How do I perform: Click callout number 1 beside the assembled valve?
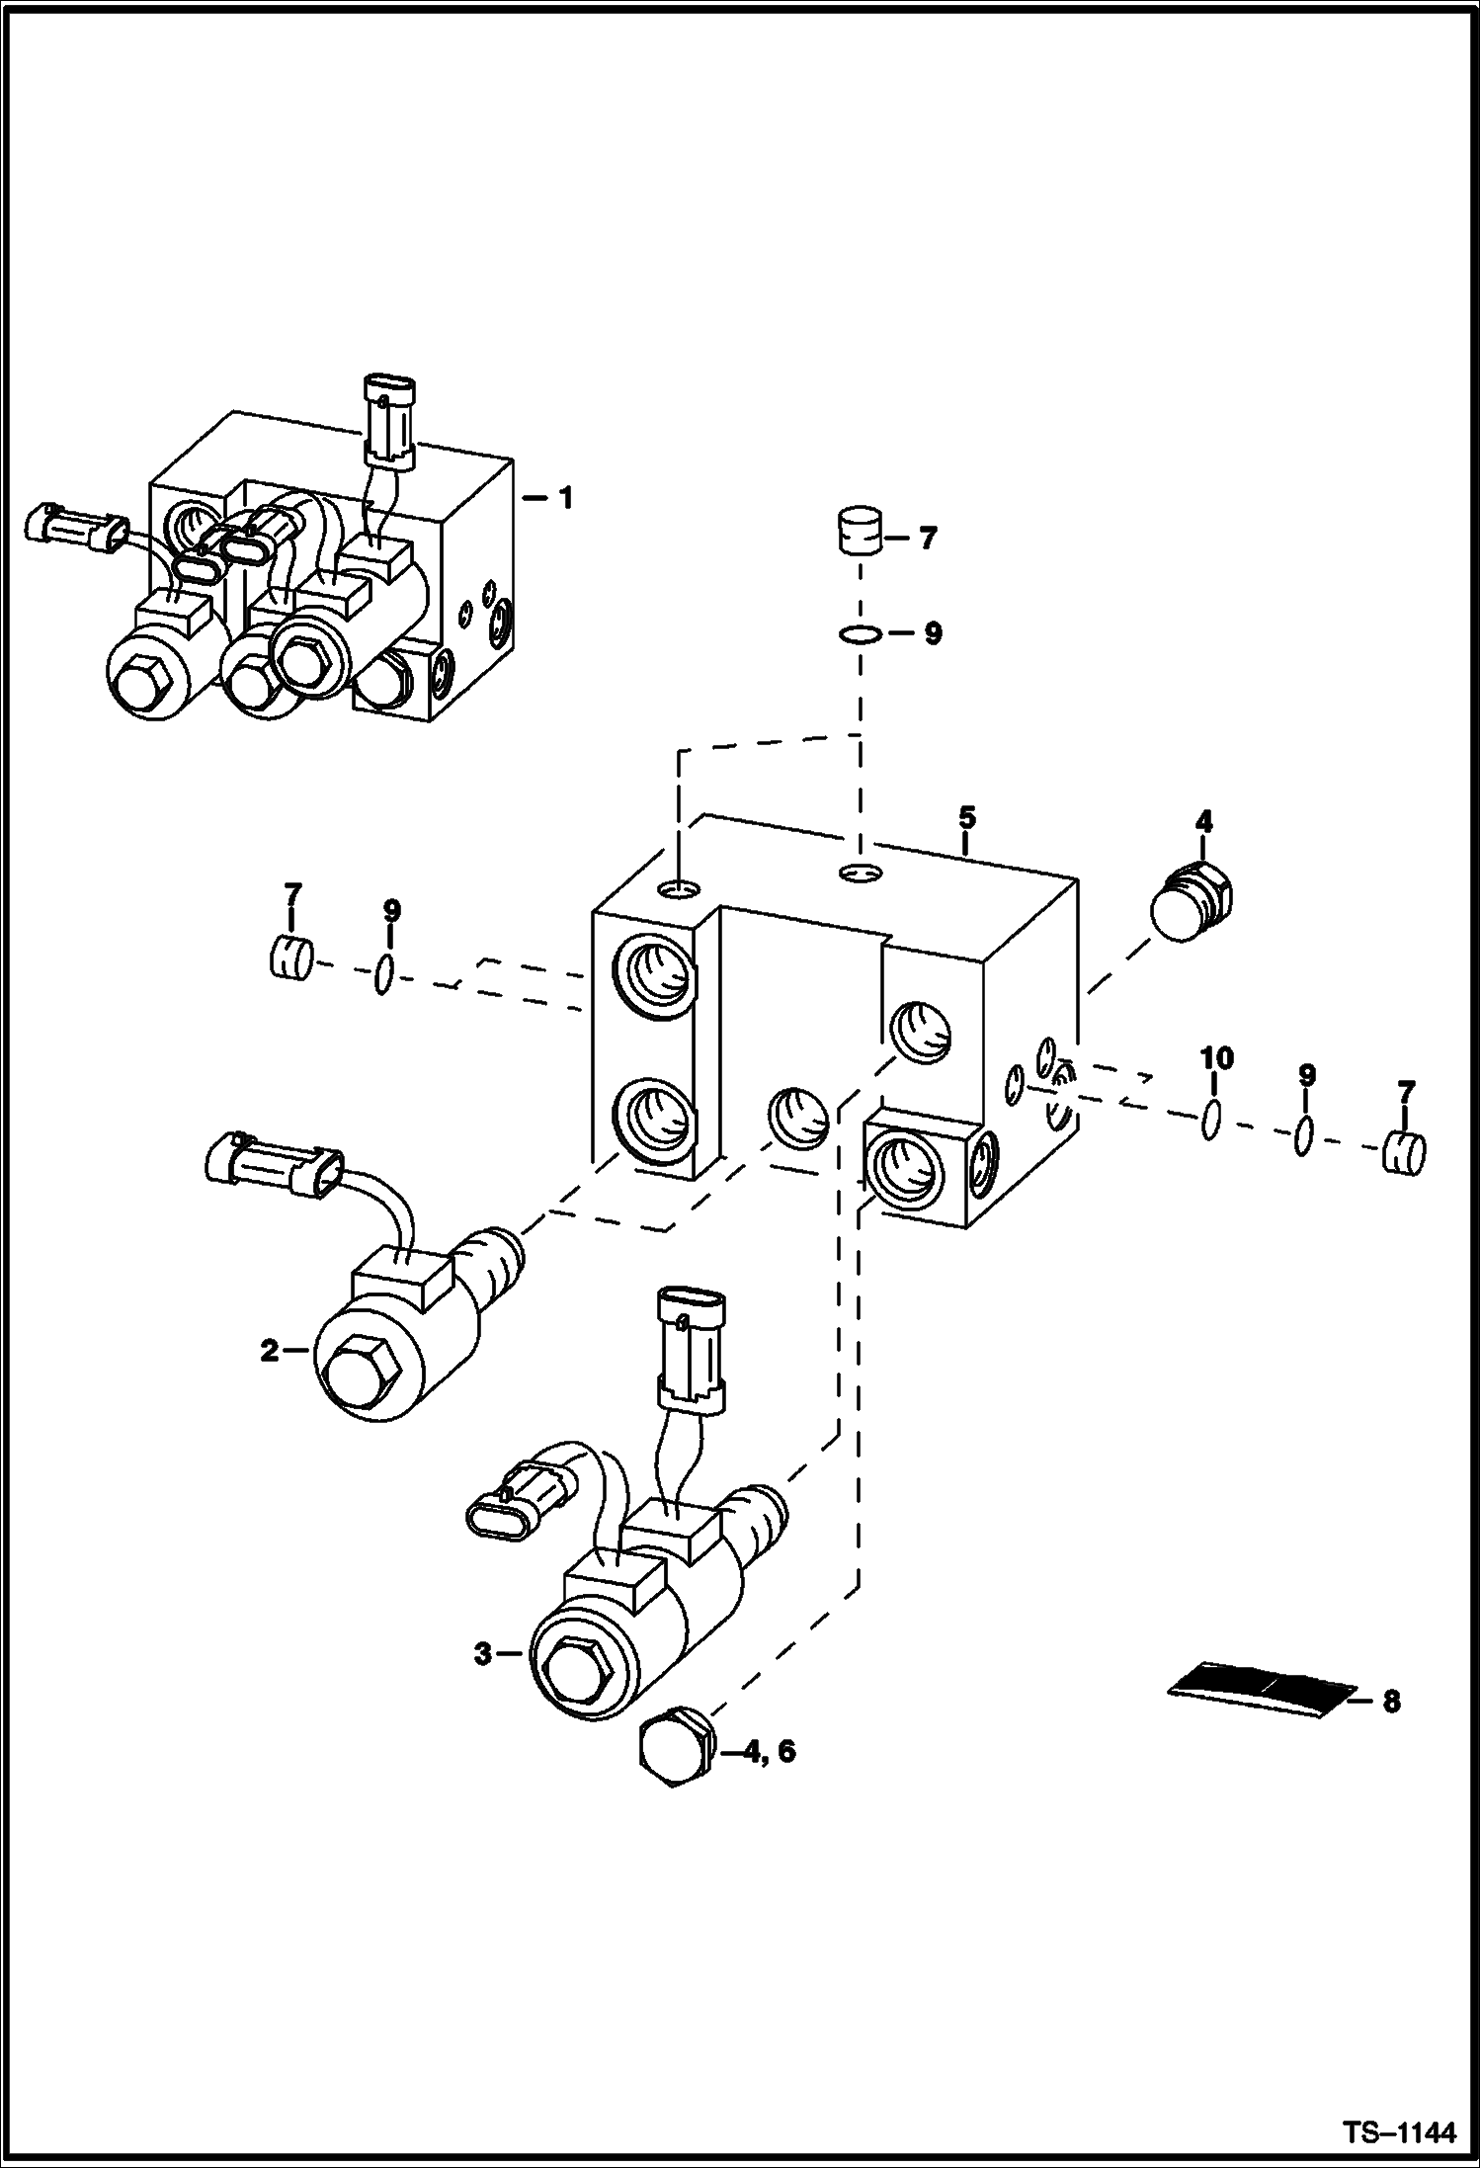click(x=565, y=499)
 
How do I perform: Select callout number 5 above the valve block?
click(x=966, y=817)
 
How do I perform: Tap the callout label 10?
click(x=1216, y=1059)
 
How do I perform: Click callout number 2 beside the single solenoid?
click(x=270, y=1351)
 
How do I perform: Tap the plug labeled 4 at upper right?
click(x=1194, y=903)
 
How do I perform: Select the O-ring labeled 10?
click(x=1211, y=1121)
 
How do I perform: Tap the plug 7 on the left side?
click(x=291, y=957)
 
